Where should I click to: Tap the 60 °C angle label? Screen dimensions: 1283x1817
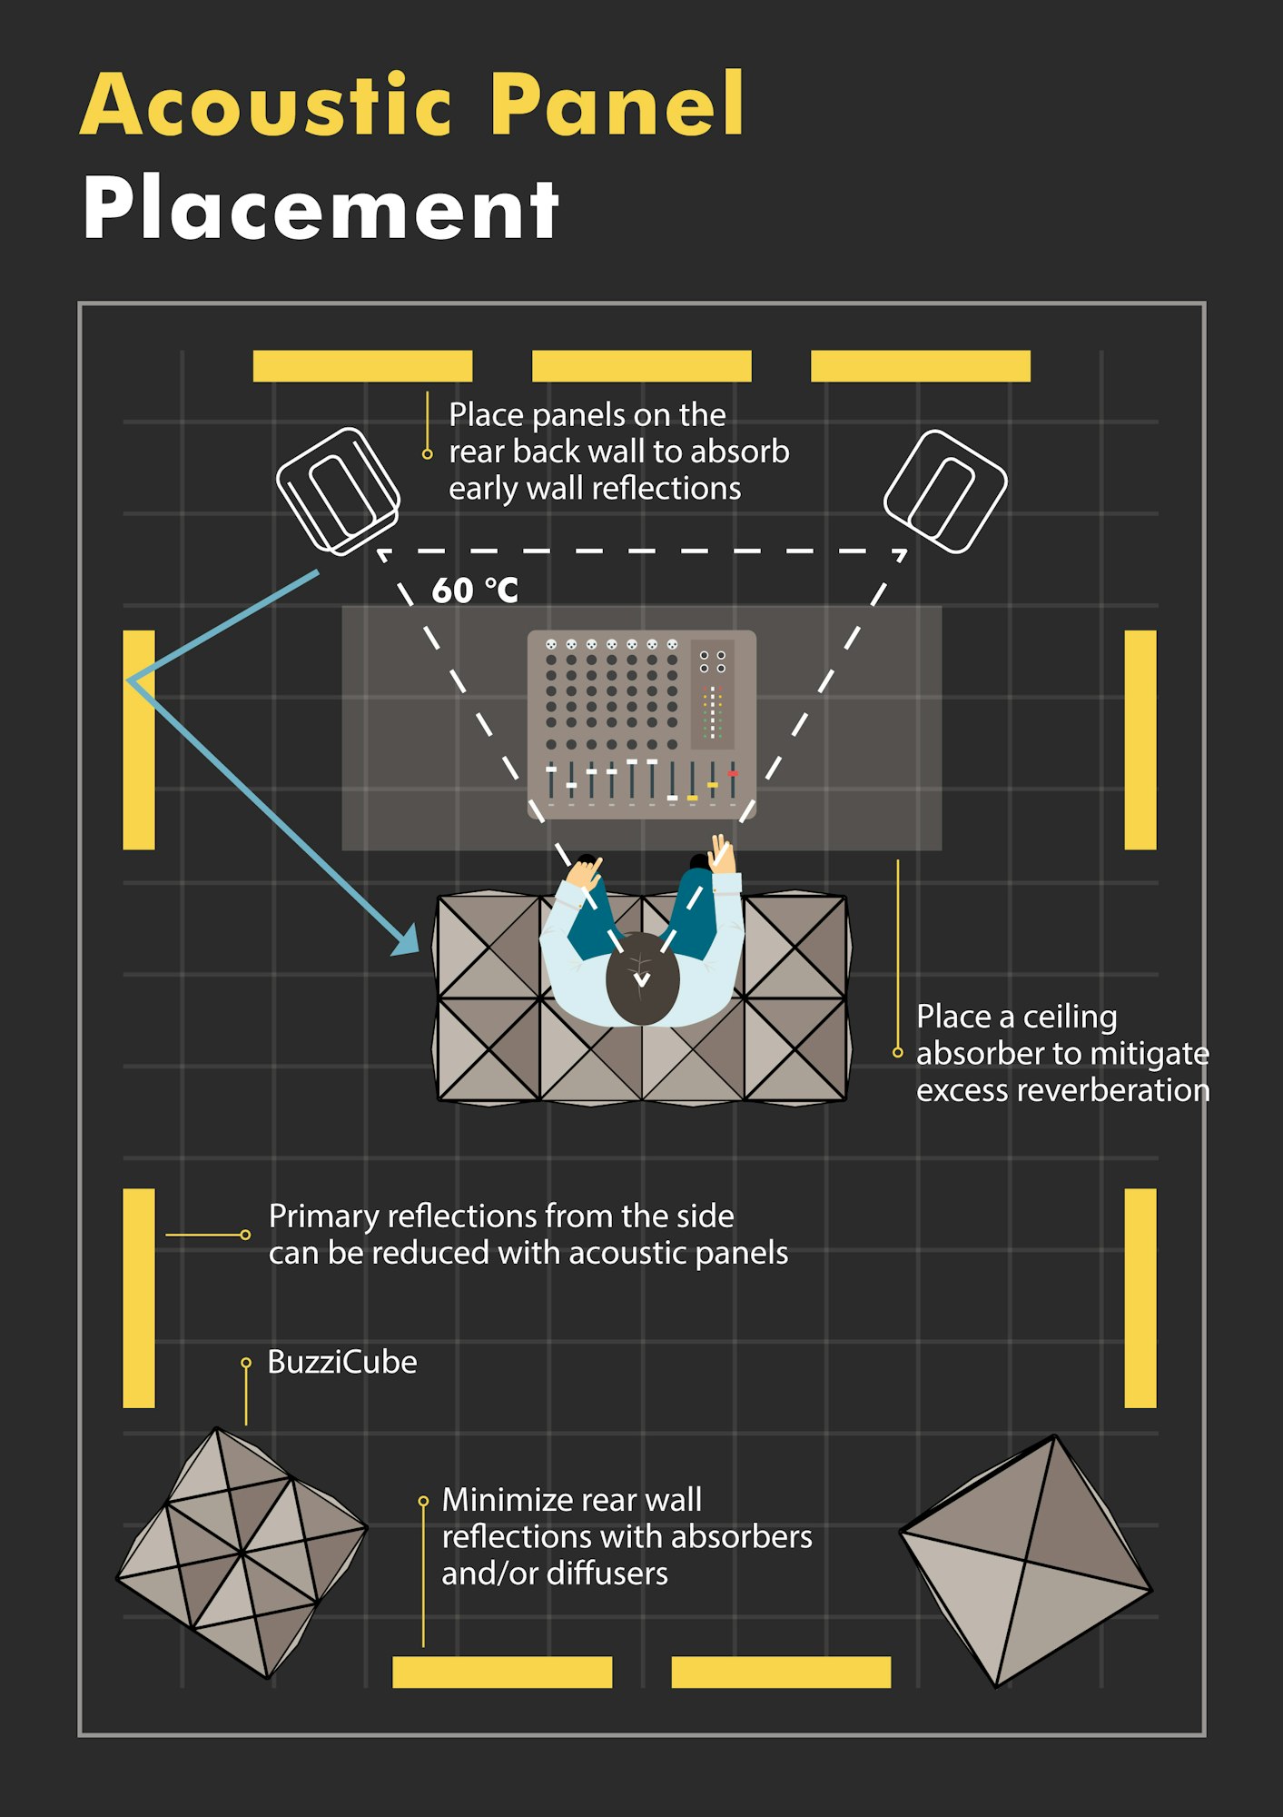point(475,591)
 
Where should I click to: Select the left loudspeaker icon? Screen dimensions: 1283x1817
point(338,491)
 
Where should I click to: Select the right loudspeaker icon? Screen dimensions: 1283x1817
point(945,491)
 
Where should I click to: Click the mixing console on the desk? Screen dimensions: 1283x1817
point(642,724)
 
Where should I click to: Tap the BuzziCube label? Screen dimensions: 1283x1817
point(342,1362)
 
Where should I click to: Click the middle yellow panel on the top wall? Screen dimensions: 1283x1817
point(642,366)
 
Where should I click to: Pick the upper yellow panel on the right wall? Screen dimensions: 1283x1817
point(1140,740)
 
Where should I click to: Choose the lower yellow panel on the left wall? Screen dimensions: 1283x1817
point(139,1298)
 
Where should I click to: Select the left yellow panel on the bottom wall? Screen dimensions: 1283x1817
point(502,1672)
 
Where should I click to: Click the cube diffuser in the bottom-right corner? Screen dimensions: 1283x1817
point(1026,1561)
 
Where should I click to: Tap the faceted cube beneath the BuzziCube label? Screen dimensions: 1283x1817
point(242,1553)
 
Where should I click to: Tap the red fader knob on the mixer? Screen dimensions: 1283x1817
point(733,774)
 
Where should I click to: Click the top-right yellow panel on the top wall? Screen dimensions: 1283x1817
point(921,366)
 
